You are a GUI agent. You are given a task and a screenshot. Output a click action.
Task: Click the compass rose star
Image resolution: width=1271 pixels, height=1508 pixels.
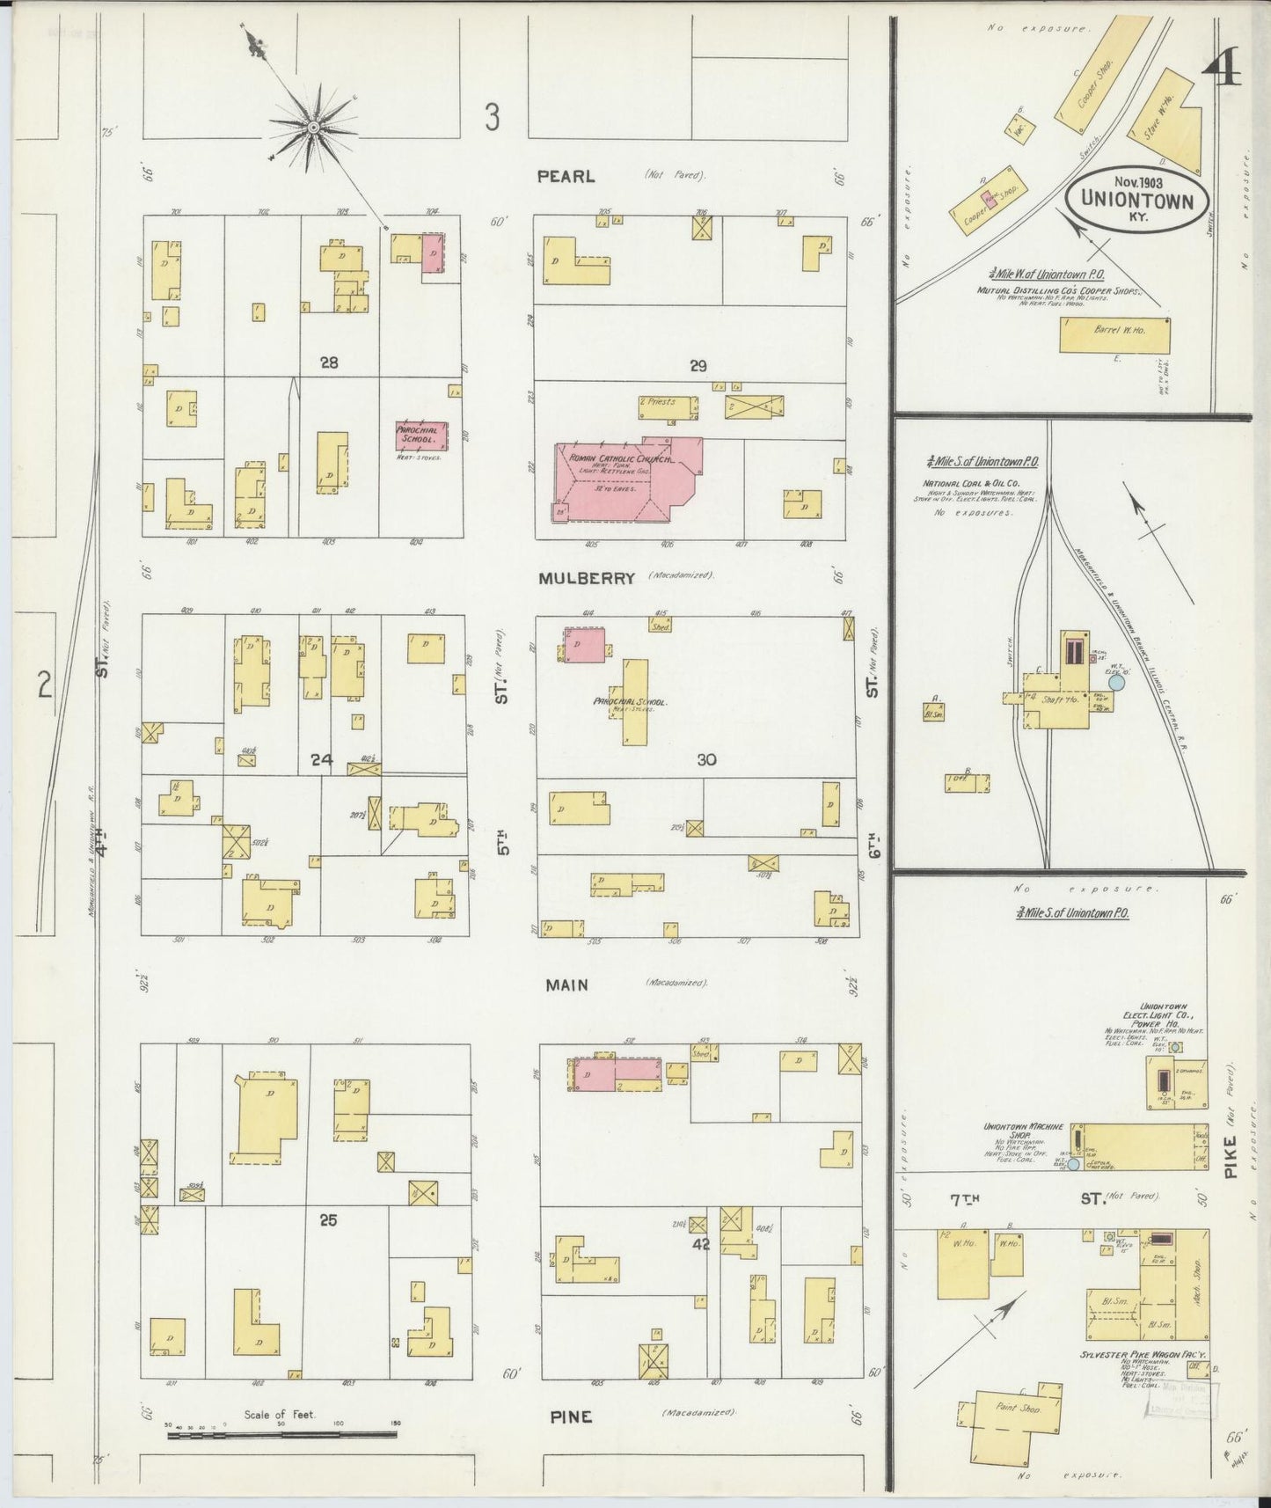pos(312,128)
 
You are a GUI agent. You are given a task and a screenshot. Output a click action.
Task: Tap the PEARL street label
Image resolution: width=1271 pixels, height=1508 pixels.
pos(566,176)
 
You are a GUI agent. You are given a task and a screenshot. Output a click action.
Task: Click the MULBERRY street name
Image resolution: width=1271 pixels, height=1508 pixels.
pos(587,578)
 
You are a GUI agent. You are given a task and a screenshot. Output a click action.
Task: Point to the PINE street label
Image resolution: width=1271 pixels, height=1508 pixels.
pos(571,1416)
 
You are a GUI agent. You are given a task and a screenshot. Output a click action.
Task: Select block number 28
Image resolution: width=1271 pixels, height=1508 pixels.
pos(329,362)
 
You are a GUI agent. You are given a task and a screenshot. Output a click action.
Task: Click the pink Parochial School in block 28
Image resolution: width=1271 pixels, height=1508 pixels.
pos(421,435)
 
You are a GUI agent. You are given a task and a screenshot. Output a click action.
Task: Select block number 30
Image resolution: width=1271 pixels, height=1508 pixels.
pos(706,759)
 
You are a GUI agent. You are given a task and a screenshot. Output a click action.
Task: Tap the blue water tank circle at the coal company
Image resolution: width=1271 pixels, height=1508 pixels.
pos(1116,681)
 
